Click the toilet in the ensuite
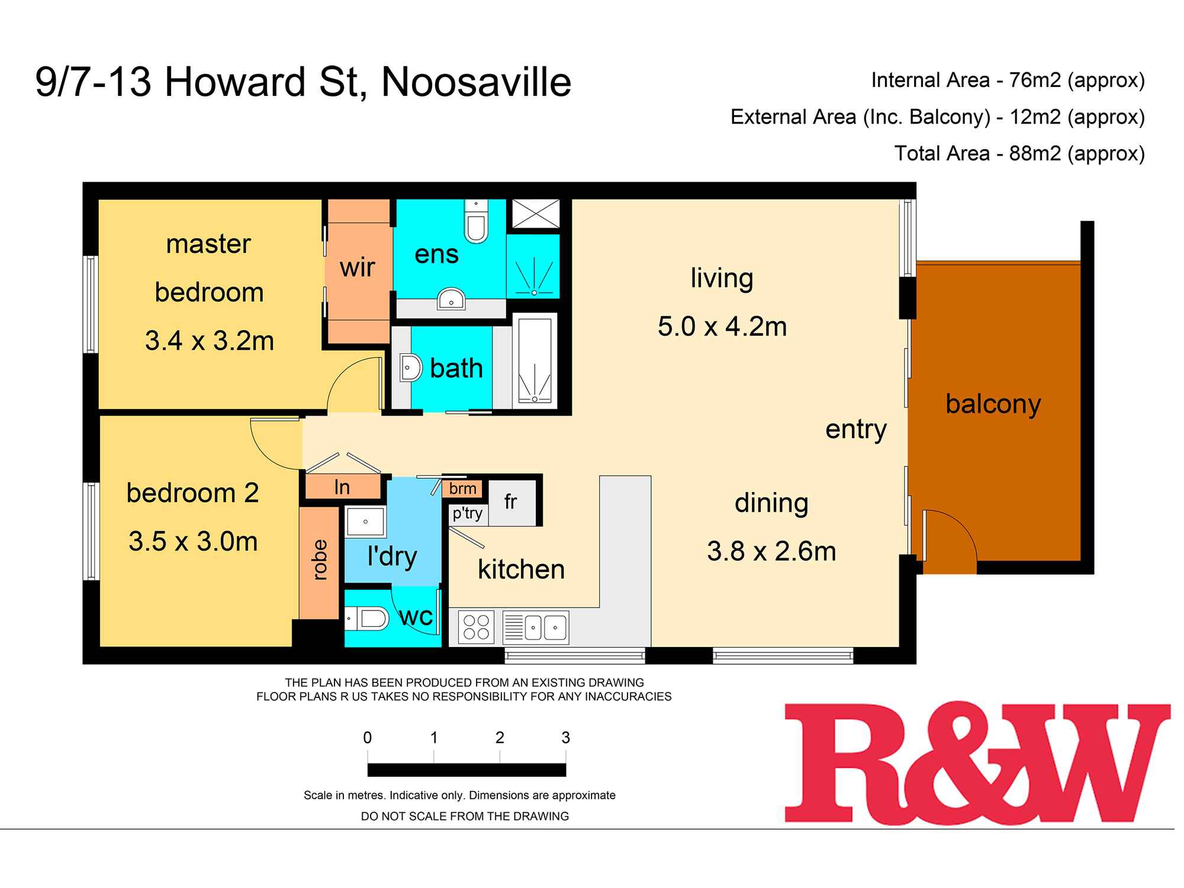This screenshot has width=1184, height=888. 476,221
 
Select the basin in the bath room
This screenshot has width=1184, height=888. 410,368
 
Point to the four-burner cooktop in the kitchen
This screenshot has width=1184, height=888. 477,628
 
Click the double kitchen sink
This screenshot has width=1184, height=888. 536,628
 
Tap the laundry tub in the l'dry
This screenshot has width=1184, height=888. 365,522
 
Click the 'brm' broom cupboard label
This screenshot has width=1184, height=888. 462,488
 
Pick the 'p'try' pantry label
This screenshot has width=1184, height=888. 467,513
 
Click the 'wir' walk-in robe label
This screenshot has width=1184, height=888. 357,268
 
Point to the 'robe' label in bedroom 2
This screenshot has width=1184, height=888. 318,559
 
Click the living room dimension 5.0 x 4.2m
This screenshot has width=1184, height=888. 722,327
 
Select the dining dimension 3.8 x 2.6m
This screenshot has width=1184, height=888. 771,552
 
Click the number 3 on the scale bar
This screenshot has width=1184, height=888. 565,738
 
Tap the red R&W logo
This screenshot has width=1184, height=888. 977,762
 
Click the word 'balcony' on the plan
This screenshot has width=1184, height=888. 993,404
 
